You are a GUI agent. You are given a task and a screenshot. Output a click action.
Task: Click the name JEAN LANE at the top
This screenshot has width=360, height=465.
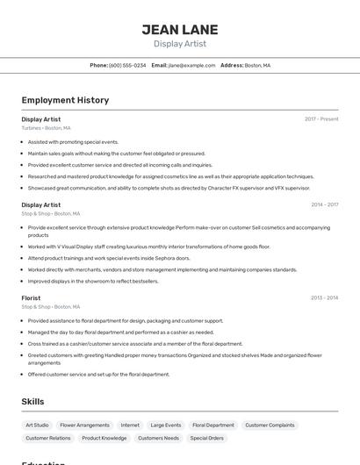click(180, 30)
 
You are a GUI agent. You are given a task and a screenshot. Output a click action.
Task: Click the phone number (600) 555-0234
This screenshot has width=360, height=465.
click(127, 65)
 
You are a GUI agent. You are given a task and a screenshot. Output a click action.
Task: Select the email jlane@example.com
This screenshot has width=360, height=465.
click(191, 65)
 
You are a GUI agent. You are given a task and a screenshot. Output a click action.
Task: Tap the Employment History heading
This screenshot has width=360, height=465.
click(65, 100)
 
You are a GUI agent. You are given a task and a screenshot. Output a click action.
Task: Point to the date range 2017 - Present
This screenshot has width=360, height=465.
click(321, 118)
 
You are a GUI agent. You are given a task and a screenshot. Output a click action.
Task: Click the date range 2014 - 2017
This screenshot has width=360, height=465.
click(324, 204)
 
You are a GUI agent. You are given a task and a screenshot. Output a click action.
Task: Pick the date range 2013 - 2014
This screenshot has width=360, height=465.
click(324, 298)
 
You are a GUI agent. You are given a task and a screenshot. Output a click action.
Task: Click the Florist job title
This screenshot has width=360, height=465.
click(32, 298)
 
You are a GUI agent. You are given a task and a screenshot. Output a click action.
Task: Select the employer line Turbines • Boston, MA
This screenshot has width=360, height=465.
click(46, 128)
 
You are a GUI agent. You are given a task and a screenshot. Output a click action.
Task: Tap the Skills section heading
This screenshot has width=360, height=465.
click(33, 401)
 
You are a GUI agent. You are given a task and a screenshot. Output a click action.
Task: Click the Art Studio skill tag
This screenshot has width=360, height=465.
click(37, 425)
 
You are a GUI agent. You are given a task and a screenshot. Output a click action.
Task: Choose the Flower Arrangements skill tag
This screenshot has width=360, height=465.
click(84, 425)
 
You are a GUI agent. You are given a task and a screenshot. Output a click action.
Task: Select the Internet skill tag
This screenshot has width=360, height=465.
click(130, 425)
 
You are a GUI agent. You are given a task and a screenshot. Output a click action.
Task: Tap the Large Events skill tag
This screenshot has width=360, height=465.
click(165, 425)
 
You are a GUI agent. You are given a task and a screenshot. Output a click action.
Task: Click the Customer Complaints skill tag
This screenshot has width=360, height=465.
click(270, 425)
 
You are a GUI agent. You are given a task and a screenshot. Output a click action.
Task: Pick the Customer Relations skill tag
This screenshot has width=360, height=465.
click(47, 438)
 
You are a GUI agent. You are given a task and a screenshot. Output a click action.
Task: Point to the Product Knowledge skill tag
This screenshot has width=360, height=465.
click(104, 438)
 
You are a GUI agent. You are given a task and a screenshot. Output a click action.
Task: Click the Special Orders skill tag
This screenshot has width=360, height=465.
click(206, 438)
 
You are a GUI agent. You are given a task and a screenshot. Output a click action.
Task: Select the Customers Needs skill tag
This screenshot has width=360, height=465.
click(158, 438)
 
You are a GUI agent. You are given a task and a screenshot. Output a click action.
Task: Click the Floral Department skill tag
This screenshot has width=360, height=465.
click(213, 425)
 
